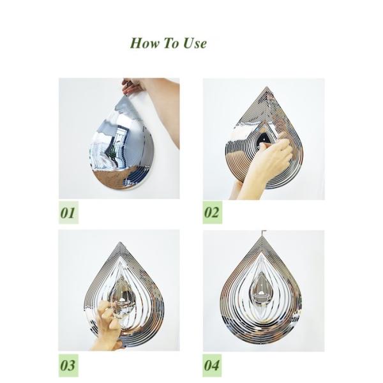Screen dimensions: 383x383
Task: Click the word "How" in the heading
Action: [144, 43]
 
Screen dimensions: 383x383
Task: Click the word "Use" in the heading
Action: [195, 43]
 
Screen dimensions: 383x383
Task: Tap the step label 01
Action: [68, 213]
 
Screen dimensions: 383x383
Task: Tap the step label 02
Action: [213, 213]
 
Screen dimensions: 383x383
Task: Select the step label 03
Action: [68, 365]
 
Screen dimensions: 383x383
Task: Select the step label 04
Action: [212, 365]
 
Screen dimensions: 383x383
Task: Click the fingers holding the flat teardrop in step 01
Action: [131, 87]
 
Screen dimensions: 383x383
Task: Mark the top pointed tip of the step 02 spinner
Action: [267, 87]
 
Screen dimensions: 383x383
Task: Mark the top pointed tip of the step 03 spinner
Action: [120, 243]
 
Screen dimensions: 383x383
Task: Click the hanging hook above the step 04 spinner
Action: [264, 232]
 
